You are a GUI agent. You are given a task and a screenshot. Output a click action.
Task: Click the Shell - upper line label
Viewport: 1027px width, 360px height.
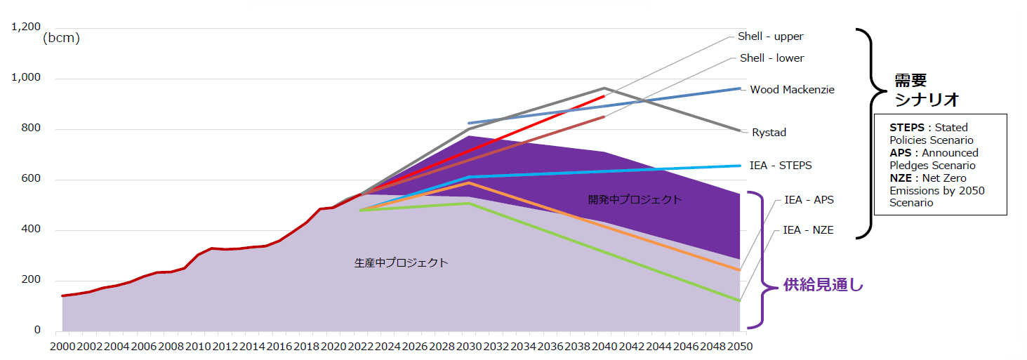click(x=770, y=36)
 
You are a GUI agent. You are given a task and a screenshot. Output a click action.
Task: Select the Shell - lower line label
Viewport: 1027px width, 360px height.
click(x=771, y=58)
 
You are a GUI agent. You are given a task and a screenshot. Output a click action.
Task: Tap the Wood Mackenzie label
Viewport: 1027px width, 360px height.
click(x=792, y=90)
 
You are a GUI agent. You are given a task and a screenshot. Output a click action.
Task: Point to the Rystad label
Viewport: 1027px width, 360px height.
click(x=769, y=133)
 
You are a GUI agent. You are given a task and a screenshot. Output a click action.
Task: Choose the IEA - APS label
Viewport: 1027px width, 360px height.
click(x=809, y=200)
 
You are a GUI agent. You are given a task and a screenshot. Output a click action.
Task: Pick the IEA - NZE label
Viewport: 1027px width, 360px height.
click(x=809, y=229)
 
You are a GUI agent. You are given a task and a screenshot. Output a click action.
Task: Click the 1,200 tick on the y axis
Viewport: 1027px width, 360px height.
click(x=25, y=27)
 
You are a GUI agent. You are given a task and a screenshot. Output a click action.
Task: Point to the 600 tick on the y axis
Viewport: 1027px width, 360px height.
click(x=32, y=179)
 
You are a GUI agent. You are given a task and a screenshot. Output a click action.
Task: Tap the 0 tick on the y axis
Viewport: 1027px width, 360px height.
click(x=38, y=331)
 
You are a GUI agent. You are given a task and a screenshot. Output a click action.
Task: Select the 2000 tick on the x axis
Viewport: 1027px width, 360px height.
click(x=62, y=346)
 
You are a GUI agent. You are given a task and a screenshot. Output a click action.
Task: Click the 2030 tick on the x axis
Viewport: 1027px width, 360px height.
click(x=469, y=346)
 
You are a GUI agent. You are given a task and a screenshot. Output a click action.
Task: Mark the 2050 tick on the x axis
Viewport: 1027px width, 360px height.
click(x=739, y=346)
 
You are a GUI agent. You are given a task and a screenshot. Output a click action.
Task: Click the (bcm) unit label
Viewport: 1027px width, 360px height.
click(x=62, y=39)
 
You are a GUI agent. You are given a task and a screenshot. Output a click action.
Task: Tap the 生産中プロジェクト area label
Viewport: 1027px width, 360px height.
click(x=401, y=263)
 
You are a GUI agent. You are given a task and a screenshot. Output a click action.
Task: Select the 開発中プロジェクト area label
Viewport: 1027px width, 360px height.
click(x=634, y=199)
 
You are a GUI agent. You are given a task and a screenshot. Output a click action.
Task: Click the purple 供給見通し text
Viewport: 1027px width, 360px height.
click(x=823, y=285)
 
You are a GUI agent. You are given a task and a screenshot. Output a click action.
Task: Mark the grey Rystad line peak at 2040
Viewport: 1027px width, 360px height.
click(x=604, y=88)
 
